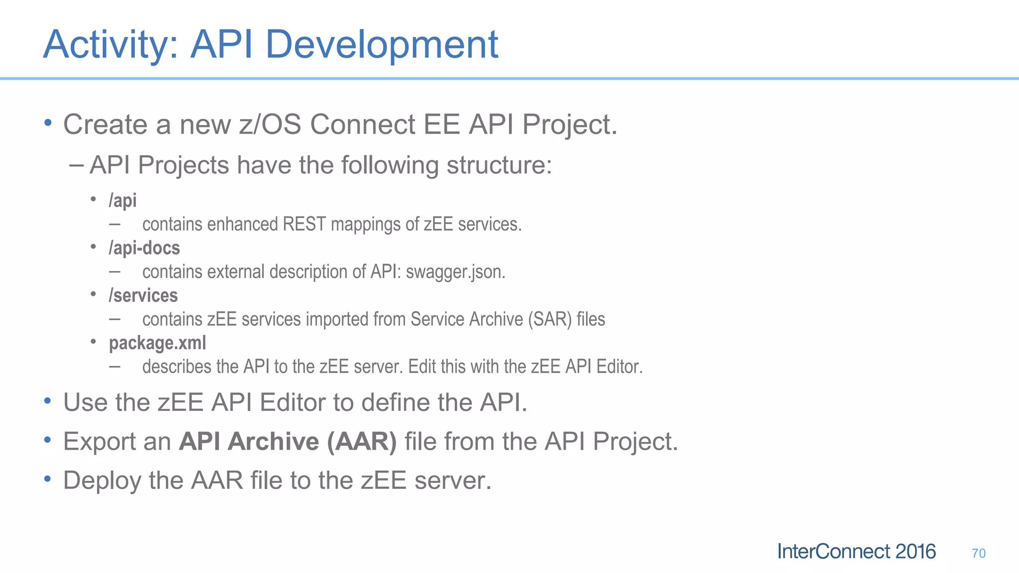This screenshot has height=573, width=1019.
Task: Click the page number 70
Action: [x=978, y=553]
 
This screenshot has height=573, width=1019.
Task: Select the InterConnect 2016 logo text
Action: [x=856, y=552]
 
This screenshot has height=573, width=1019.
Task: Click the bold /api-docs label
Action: [x=144, y=248]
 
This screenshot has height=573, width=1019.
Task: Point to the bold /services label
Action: [x=143, y=295]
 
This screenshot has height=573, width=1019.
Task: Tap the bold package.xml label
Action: [x=157, y=343]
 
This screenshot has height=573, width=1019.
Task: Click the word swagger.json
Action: [x=455, y=272]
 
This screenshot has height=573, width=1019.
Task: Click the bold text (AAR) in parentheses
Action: [x=362, y=442]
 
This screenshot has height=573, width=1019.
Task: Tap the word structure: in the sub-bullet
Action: [x=499, y=165]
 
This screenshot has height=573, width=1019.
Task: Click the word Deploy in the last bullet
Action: [x=102, y=481]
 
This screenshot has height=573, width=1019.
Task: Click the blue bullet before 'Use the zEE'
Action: [x=47, y=401]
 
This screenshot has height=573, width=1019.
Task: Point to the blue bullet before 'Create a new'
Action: [x=47, y=122]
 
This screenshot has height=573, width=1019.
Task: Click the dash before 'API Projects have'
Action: [x=76, y=165]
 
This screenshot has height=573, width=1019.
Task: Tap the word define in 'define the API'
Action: [x=395, y=402]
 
